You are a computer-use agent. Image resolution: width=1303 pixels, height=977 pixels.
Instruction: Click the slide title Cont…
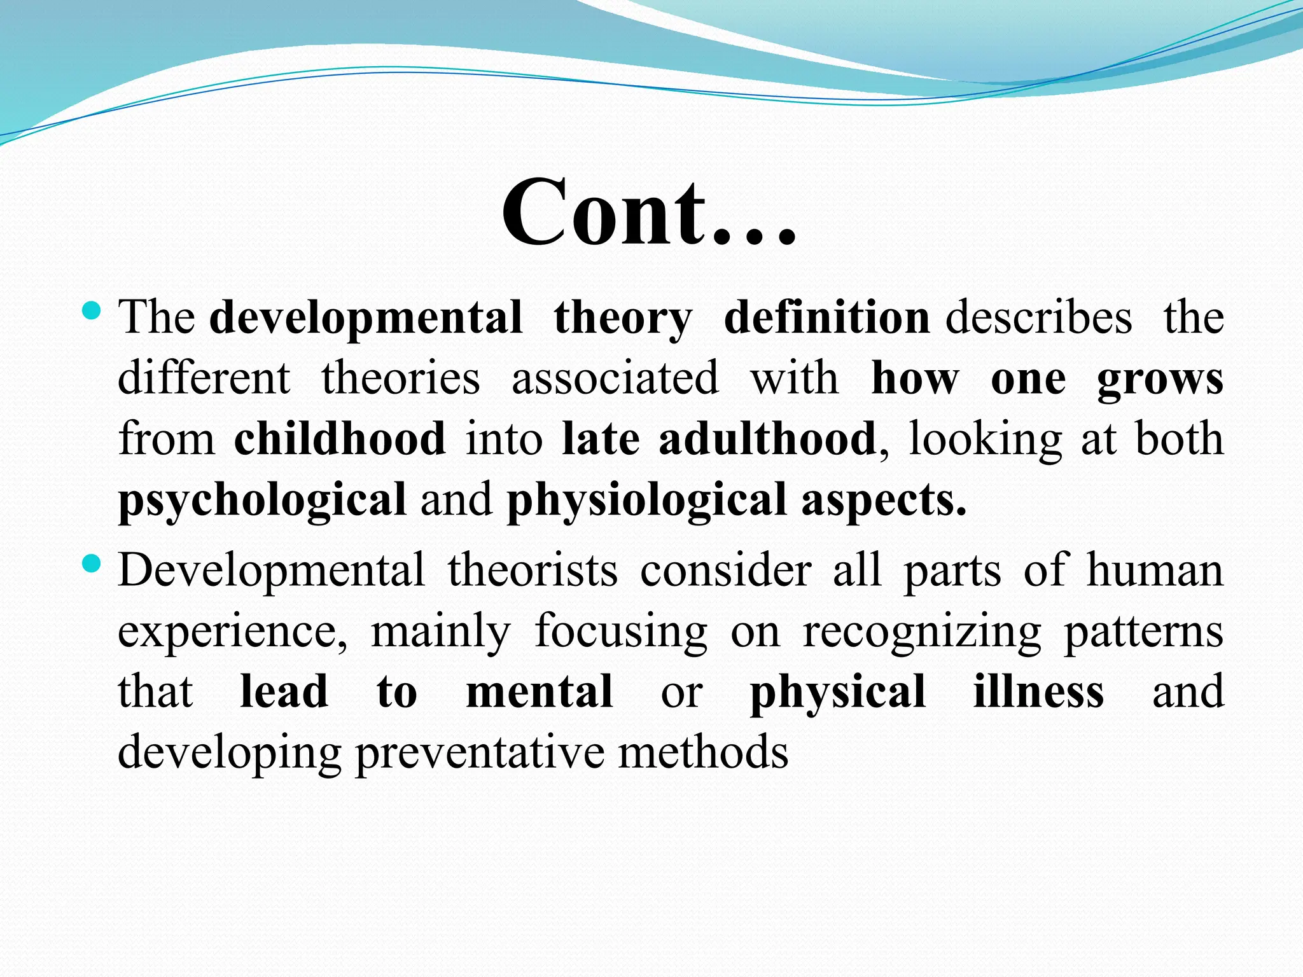649,213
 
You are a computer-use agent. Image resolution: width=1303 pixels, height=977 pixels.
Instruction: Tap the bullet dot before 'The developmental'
93,311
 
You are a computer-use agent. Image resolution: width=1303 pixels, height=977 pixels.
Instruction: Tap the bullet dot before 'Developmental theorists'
93,564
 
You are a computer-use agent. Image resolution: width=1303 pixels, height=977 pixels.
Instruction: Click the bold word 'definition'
826,317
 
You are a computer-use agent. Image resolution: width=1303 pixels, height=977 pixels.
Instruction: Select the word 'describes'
1038,317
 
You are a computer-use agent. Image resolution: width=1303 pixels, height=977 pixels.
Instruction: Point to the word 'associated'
615,378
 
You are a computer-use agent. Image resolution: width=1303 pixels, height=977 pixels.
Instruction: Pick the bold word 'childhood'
340,439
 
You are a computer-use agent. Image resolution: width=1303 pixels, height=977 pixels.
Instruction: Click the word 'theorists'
533,570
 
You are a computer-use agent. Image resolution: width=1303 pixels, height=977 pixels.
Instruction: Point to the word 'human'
1155,570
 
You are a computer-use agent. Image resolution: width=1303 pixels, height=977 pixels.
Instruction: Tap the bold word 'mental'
540,691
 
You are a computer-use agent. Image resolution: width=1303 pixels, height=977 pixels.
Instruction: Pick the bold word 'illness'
1038,691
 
